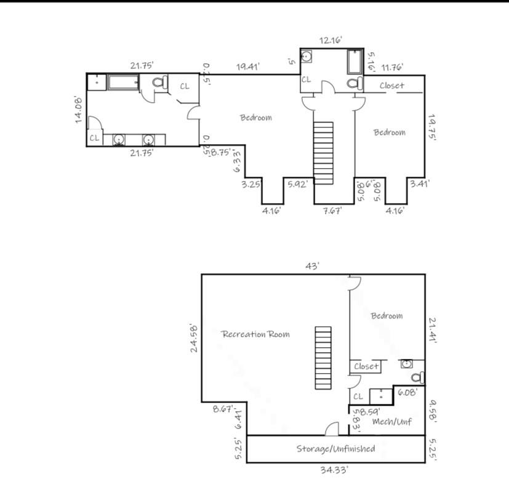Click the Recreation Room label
(255, 334)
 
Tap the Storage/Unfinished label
(335, 449)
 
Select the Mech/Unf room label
(392, 422)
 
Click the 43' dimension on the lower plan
(312, 266)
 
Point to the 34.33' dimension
(334, 470)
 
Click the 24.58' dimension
(194, 338)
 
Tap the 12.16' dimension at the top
(331, 40)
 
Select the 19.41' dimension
(247, 66)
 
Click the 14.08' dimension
(79, 110)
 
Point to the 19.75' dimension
(431, 127)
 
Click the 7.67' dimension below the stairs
(332, 211)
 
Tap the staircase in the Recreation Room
(323, 358)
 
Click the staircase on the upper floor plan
(323, 153)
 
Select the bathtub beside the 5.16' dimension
(355, 62)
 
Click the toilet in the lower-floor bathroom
(418, 377)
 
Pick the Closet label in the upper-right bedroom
(392, 86)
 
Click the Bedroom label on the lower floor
(387, 316)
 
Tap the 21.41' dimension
(433, 329)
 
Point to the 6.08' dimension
(407, 392)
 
